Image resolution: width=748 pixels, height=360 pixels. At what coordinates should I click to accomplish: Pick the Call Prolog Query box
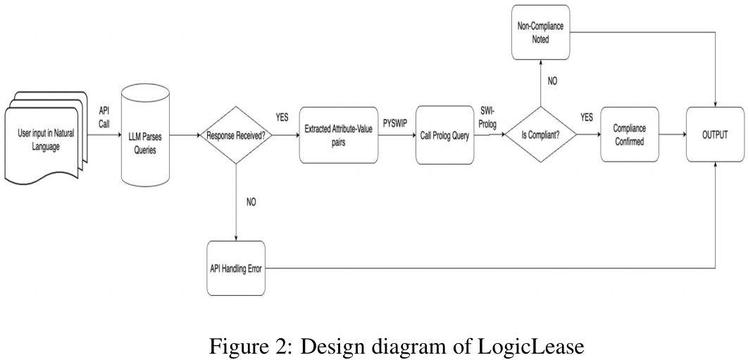pyautogui.click(x=444, y=135)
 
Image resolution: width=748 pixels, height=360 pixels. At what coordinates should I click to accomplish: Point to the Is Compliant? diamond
pyautogui.click(x=540, y=135)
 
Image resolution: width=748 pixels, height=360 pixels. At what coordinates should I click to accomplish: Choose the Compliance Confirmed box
pyautogui.click(x=629, y=135)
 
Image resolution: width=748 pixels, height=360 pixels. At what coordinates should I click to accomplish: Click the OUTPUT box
pyautogui.click(x=716, y=135)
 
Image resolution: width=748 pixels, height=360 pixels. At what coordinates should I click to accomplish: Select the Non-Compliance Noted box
pyautogui.click(x=540, y=35)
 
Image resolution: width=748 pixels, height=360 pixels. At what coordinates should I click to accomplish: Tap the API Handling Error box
pyautogui.click(x=237, y=268)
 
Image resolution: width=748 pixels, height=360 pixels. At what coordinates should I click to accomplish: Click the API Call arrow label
pyautogui.click(x=104, y=116)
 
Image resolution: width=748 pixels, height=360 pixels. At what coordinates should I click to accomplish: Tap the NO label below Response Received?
pyautogui.click(x=251, y=201)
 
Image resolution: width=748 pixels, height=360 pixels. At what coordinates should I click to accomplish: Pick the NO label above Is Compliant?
pyautogui.click(x=553, y=81)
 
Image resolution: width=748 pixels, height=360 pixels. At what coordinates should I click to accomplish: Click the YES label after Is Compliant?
pyautogui.click(x=586, y=118)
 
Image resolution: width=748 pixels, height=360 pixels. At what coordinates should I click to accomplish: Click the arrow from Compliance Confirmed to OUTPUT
pyautogui.click(x=672, y=135)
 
